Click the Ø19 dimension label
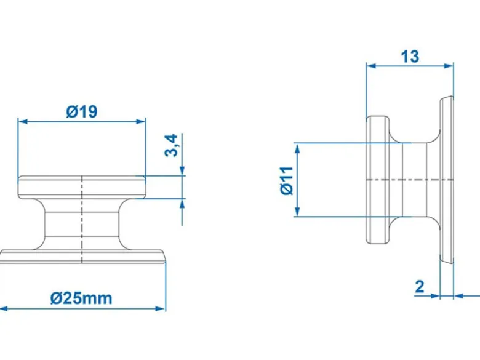coord(82,112)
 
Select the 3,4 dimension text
coord(171,145)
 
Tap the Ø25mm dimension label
coord(81,298)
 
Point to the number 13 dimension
coord(410,57)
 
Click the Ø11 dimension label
coord(287,180)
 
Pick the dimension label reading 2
coord(420,287)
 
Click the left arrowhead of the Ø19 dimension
coord(23,122)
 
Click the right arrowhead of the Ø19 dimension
coord(141,122)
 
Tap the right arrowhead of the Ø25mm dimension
coord(161,308)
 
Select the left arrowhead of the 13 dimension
coord(371,65)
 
